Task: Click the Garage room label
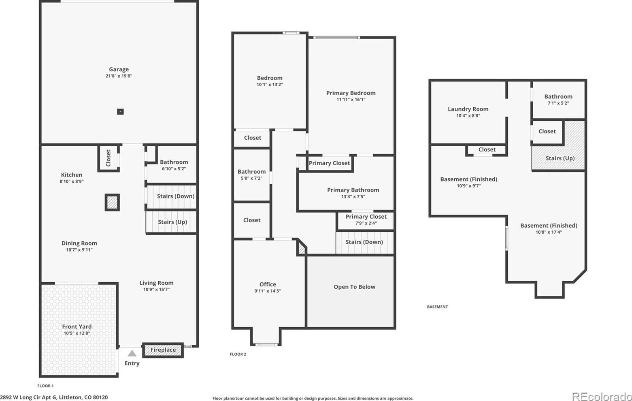pyautogui.click(x=119, y=69)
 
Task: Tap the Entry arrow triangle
pyautogui.click(x=132, y=353)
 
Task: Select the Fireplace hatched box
pyautogui.click(x=163, y=350)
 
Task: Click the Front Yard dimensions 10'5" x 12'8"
pyautogui.click(x=77, y=333)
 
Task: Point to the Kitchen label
pyautogui.click(x=72, y=175)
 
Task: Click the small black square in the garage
pyautogui.click(x=120, y=112)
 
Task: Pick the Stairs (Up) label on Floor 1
pyautogui.click(x=172, y=222)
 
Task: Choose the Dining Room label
pyautogui.click(x=79, y=243)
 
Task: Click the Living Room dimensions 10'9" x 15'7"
pyautogui.click(x=156, y=290)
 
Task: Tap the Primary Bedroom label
pyautogui.click(x=351, y=93)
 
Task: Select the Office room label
pyautogui.click(x=268, y=284)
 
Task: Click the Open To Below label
pyautogui.click(x=354, y=287)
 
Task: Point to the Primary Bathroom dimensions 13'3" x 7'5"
pyautogui.click(x=353, y=197)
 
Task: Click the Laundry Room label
pyautogui.click(x=468, y=109)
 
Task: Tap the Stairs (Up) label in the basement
pyautogui.click(x=560, y=158)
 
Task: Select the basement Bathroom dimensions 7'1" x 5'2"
pyautogui.click(x=558, y=103)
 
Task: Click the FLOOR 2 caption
pyautogui.click(x=238, y=354)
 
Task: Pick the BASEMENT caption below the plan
pyautogui.click(x=437, y=307)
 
